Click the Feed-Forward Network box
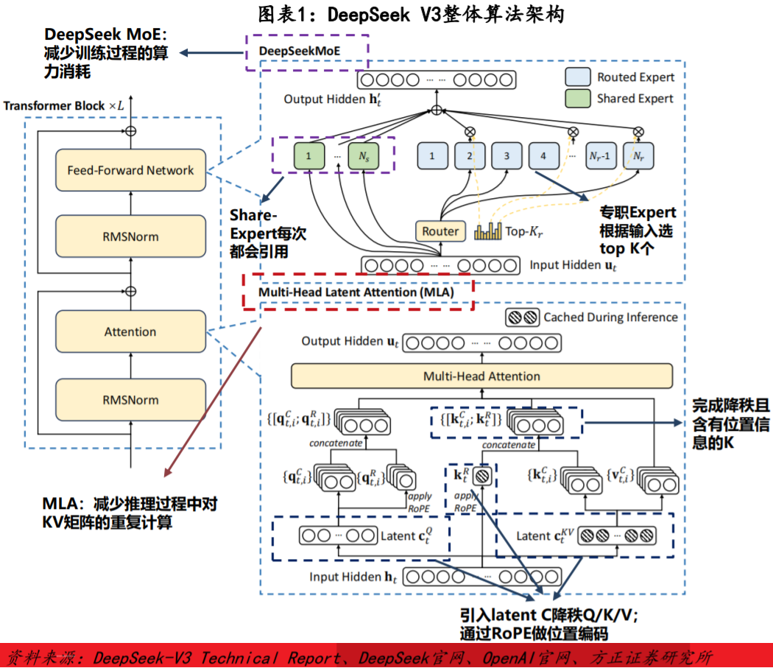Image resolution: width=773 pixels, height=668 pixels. click(130, 170)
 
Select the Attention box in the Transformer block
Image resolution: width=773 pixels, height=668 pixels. click(130, 332)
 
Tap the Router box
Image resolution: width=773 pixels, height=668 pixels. click(440, 231)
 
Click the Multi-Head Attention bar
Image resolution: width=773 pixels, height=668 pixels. click(481, 376)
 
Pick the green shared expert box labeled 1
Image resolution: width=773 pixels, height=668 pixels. click(309, 155)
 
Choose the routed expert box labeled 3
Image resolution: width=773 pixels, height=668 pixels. click(506, 155)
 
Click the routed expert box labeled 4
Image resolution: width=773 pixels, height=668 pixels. click(543, 155)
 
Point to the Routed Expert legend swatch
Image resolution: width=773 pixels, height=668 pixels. click(578, 77)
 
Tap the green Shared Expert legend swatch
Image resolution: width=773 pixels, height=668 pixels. click(578, 98)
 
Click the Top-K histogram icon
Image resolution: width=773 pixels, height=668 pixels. click(487, 231)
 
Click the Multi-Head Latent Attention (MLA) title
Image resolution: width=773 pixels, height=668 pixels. click(356, 292)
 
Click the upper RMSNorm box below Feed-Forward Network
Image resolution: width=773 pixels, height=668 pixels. click(130, 236)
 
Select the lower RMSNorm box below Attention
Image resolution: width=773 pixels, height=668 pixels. click(130, 400)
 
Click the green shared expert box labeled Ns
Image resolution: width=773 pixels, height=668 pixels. click(364, 155)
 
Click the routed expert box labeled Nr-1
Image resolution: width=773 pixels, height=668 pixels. click(600, 155)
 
